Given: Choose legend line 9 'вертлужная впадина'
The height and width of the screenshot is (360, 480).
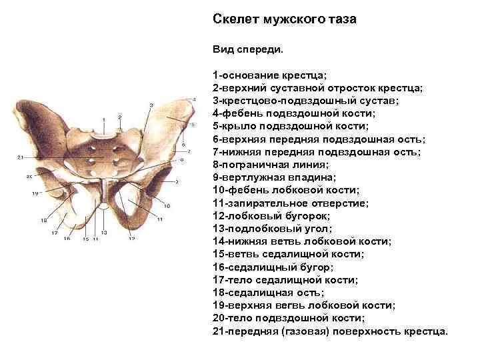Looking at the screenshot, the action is pos(275,177).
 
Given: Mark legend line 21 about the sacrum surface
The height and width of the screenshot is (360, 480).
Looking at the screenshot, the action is pos(331,331).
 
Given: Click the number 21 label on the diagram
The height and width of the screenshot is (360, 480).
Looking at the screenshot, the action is pos(21,157).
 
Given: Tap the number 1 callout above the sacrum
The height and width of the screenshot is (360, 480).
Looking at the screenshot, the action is pos(103,119).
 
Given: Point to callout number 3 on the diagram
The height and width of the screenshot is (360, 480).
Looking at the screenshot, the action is pos(151,105).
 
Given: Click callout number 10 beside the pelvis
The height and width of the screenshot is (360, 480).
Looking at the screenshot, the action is pos(167,205).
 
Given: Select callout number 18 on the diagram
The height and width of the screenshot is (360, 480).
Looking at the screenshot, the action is pos(43,220).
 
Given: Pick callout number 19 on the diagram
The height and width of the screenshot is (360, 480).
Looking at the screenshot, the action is pos(35,193).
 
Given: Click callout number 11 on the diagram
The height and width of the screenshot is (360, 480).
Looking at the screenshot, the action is pos(161,219).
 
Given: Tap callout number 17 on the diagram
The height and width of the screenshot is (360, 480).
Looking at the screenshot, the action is pos(55,233).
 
